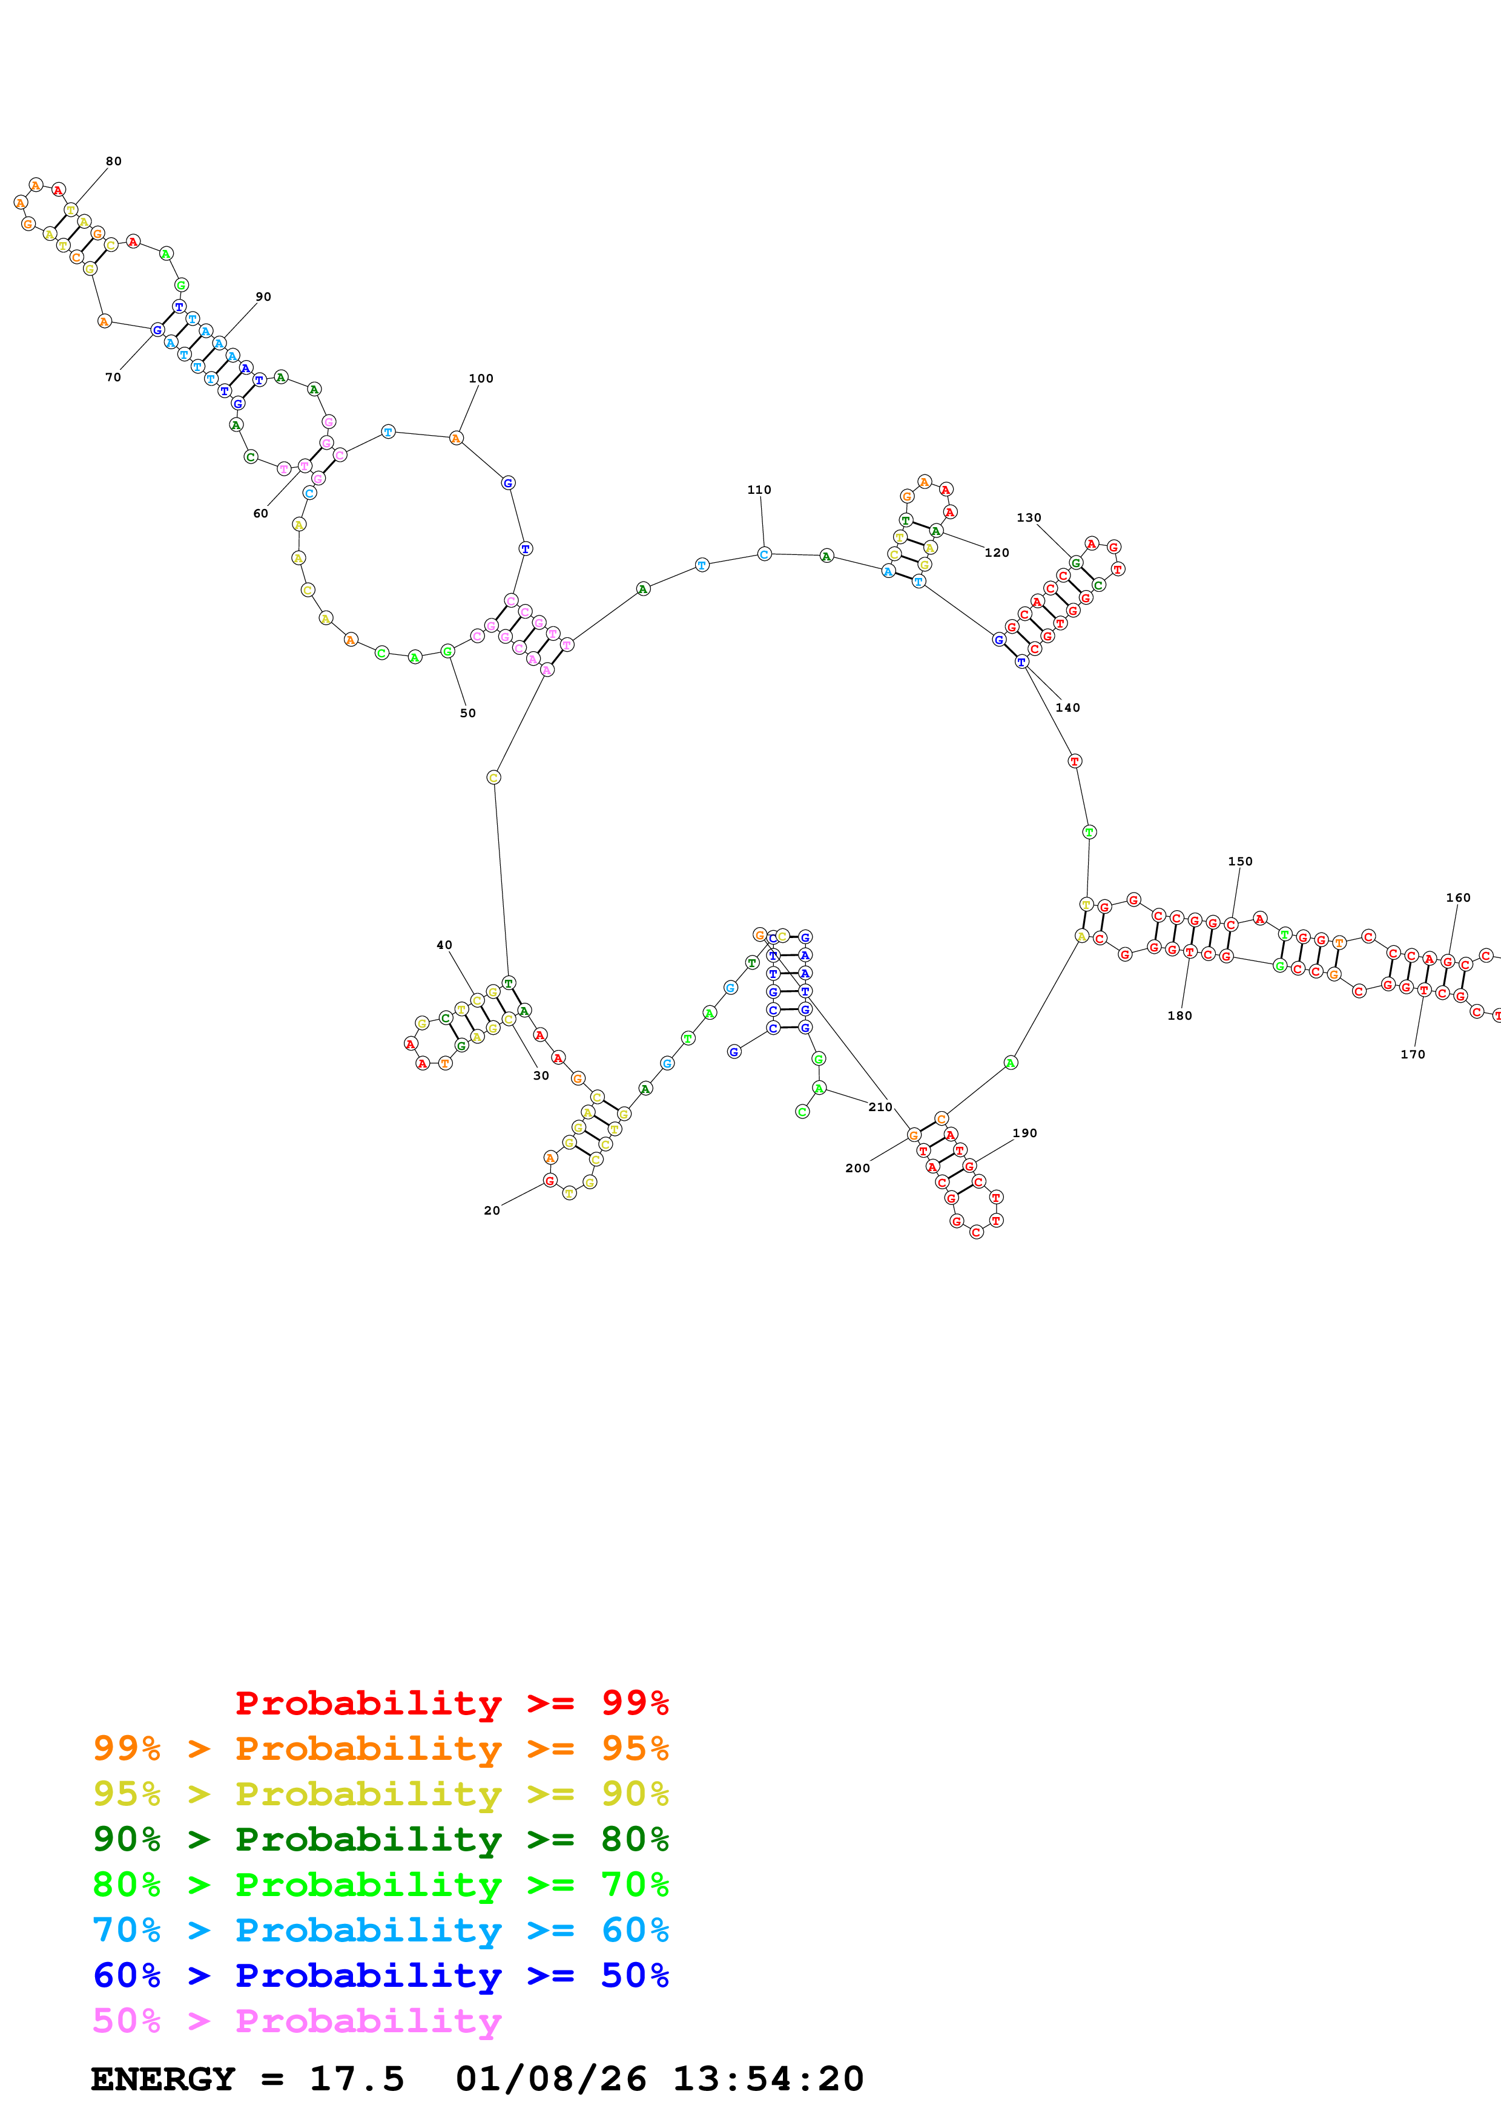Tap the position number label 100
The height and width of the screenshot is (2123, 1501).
click(481, 378)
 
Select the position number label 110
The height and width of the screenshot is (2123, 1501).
click(759, 490)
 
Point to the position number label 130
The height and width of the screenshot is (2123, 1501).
click(1029, 518)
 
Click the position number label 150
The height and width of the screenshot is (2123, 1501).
click(1240, 861)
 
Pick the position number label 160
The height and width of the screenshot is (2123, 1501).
click(1459, 898)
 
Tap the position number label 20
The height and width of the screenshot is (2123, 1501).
click(492, 1210)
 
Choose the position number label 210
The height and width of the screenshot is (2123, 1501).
click(880, 1107)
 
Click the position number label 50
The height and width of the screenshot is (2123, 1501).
click(468, 713)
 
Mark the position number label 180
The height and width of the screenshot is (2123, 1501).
click(1180, 1016)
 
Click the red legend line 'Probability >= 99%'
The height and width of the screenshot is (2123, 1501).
click(451, 1702)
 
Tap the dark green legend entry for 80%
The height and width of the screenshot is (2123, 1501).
click(380, 1839)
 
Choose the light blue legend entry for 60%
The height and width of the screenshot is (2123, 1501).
click(380, 1930)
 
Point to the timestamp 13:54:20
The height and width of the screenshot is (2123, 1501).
click(768, 2079)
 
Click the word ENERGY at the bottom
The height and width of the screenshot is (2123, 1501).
click(163, 2079)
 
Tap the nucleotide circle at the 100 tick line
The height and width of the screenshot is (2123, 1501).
click(456, 438)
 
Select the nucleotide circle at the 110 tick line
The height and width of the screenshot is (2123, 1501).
click(765, 554)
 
